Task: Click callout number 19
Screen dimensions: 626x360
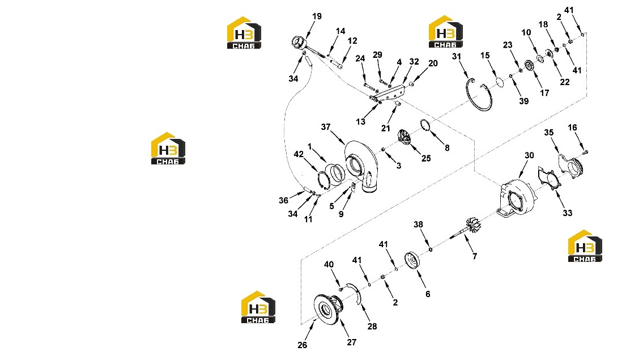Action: click(317, 16)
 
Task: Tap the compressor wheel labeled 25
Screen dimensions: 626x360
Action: click(405, 138)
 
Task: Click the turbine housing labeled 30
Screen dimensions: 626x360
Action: click(517, 198)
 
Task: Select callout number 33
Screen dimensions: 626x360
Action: click(567, 213)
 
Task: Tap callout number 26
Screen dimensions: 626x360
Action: click(302, 345)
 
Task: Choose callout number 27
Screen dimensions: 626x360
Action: click(351, 342)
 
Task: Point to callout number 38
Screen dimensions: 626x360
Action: click(418, 225)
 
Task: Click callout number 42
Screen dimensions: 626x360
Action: click(299, 154)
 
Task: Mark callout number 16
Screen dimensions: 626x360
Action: click(573, 128)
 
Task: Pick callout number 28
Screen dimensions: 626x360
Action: click(372, 327)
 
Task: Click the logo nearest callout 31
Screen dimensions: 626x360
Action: click(445, 32)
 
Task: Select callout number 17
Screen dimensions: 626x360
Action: click(544, 93)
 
